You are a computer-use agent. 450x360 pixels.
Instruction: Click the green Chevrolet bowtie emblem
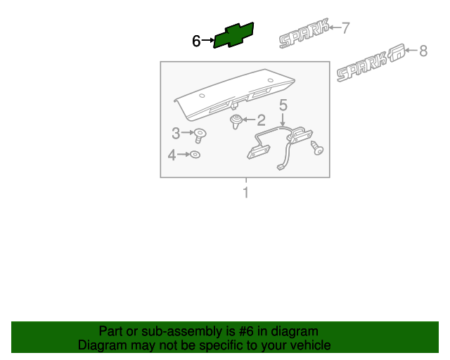pyautogui.click(x=233, y=35)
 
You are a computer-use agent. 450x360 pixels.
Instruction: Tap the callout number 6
pyautogui.click(x=196, y=41)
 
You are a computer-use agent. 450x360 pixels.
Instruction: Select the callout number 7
pyautogui.click(x=345, y=28)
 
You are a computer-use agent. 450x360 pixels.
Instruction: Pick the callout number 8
pyautogui.click(x=423, y=51)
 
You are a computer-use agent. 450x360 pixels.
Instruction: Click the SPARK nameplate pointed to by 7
pyautogui.click(x=304, y=33)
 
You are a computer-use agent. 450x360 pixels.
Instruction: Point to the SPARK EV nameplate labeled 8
pyautogui.click(x=371, y=63)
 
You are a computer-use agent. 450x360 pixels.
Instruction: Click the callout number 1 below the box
pyautogui.click(x=245, y=193)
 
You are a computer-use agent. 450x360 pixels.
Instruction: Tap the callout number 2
pyautogui.click(x=261, y=120)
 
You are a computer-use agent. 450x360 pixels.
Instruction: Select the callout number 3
pyautogui.click(x=176, y=133)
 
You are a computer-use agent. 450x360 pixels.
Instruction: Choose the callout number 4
pyautogui.click(x=172, y=155)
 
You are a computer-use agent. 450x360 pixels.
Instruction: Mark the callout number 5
pyautogui.click(x=283, y=105)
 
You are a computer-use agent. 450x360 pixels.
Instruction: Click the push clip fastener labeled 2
pyautogui.click(x=236, y=122)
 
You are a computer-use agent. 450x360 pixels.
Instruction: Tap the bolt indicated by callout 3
pyautogui.click(x=200, y=136)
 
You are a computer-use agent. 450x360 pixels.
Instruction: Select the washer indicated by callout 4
pyautogui.click(x=195, y=155)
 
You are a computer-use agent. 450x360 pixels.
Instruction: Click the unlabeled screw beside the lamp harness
pyautogui.click(x=317, y=148)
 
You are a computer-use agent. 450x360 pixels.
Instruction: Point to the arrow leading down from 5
pyautogui.click(x=283, y=120)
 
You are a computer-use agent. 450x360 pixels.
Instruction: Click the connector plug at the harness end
pyautogui.click(x=280, y=167)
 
